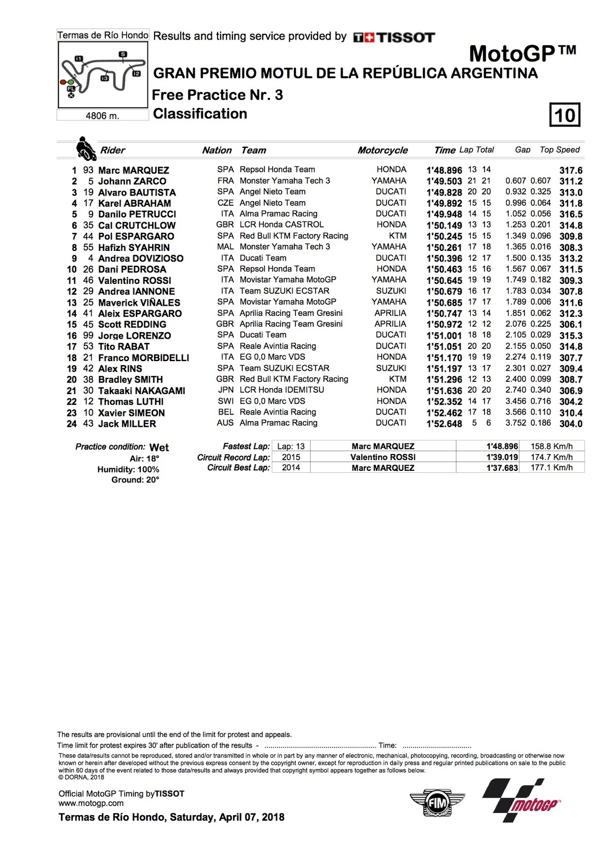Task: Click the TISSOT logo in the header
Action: tap(394, 37)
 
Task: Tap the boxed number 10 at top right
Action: tap(565, 115)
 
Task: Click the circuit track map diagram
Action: tap(103, 75)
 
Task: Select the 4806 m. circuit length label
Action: tap(103, 116)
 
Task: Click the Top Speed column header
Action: tap(560, 150)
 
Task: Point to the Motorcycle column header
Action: tap(382, 150)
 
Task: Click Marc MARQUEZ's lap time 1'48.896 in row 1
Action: tap(444, 170)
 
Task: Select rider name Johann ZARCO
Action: tap(132, 181)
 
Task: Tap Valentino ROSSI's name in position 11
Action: tap(135, 280)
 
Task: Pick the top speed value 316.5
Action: tap(571, 214)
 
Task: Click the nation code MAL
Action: tap(225, 247)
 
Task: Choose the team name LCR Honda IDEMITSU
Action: tap(282, 390)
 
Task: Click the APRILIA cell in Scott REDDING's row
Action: tap(390, 324)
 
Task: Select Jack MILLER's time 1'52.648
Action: tap(444, 424)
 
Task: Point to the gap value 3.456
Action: tap(515, 401)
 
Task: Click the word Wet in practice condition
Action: tap(159, 448)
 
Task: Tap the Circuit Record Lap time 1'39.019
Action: tap(502, 457)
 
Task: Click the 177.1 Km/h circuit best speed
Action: tap(552, 468)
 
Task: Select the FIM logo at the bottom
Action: tap(437, 803)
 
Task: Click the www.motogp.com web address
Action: tap(91, 804)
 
